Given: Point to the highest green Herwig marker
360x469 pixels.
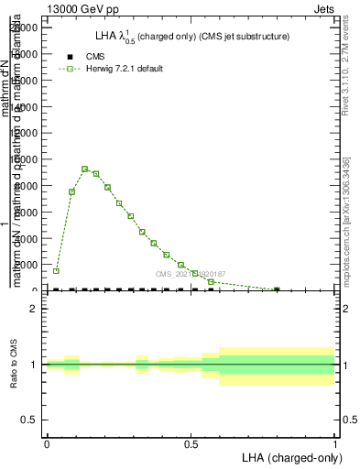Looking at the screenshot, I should click(84, 169).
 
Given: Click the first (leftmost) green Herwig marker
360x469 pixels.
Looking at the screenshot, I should click(56, 271).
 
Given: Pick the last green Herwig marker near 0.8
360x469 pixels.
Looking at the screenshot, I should click(277, 289).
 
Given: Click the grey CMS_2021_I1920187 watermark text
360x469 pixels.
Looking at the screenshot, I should click(190, 274).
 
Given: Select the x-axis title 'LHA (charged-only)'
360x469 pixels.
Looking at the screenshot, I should click(289, 456).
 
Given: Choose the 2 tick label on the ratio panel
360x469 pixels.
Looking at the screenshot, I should click(33, 309).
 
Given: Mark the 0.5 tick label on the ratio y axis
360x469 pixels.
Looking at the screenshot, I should click(29, 420).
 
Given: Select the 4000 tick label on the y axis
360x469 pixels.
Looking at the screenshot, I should click(26, 238).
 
